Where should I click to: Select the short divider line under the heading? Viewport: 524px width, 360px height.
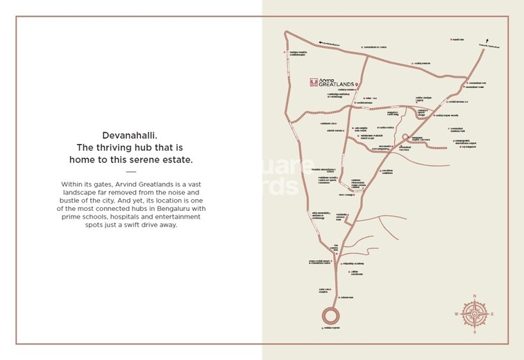click(x=130, y=171)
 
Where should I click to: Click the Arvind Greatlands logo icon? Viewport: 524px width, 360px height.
click(x=314, y=81)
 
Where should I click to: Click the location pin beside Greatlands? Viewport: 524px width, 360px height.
click(x=357, y=84)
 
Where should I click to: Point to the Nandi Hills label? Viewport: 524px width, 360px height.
click(x=457, y=40)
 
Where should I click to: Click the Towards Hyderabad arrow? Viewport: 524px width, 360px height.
click(x=488, y=42)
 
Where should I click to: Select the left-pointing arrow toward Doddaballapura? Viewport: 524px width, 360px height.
click(x=314, y=42)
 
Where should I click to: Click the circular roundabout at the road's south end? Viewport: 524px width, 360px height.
click(x=330, y=316)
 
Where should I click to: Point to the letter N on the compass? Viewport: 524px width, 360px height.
click(x=475, y=295)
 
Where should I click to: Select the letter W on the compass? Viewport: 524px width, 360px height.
click(x=457, y=314)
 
